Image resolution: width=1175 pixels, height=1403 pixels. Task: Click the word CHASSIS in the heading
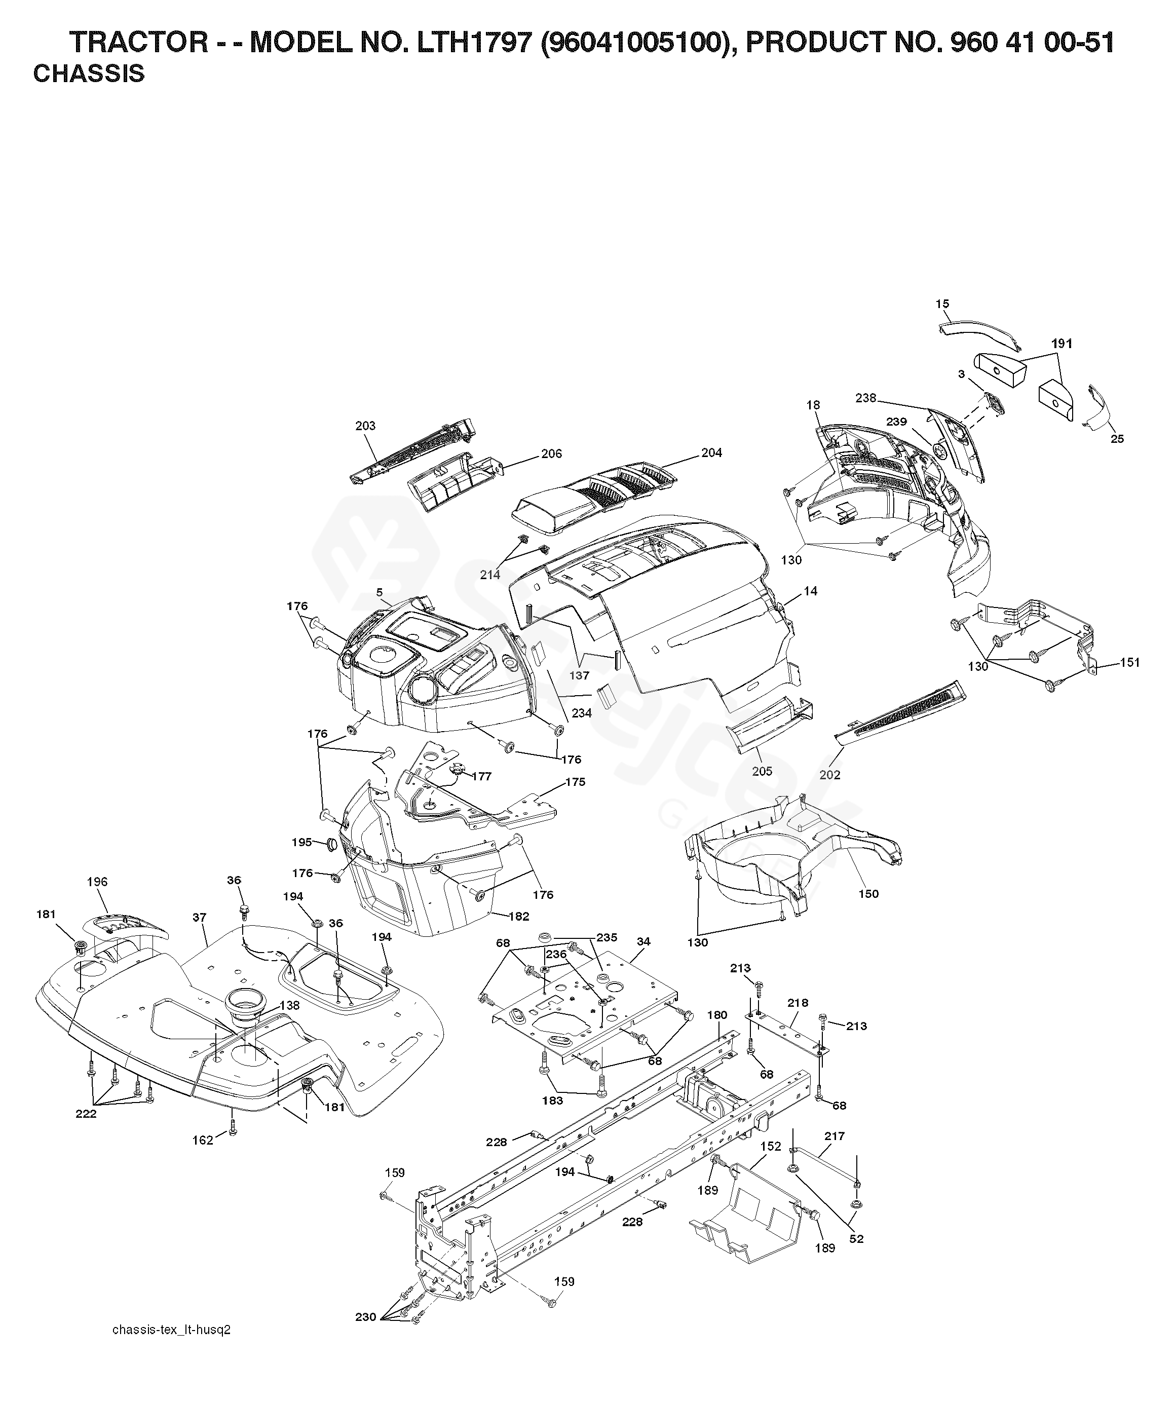pos(89,74)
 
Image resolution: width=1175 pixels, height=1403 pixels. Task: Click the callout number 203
pos(365,426)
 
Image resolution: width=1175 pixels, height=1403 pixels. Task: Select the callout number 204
pos(711,453)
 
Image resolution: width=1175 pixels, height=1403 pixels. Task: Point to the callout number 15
pos(942,304)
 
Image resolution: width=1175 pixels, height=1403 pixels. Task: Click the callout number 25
pos(1117,439)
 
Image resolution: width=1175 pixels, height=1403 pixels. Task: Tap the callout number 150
pos(868,894)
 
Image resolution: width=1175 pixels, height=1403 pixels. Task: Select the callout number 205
pos(762,771)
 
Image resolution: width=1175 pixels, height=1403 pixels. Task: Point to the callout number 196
pos(97,882)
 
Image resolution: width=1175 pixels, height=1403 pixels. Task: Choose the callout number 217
pos(835,1136)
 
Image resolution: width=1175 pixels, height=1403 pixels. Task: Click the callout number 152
pos(770,1147)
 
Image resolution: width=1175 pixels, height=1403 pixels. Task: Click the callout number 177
pos(482,776)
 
